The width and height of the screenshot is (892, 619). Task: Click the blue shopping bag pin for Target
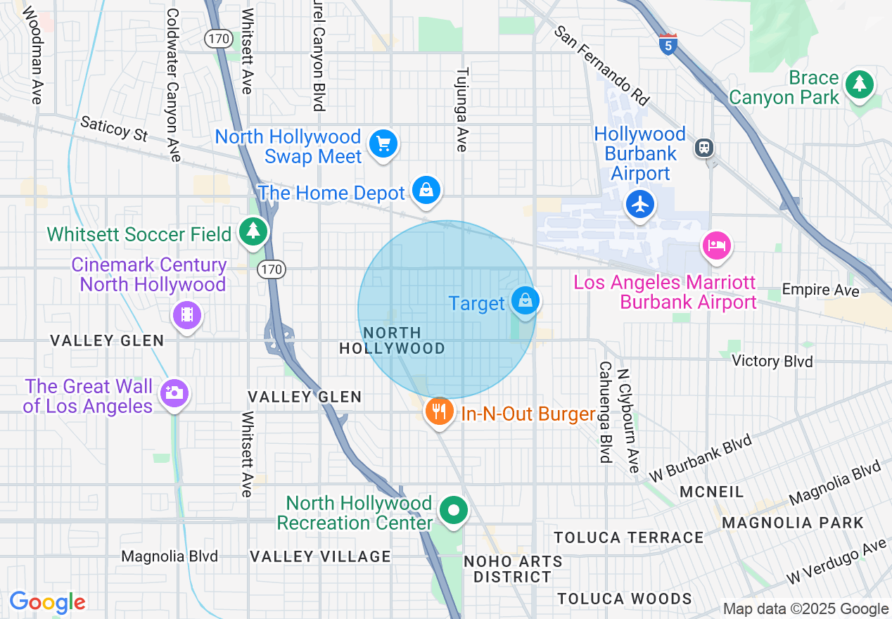525,300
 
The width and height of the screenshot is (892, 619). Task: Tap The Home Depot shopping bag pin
426,190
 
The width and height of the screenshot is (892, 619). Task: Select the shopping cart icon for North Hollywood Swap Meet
383,144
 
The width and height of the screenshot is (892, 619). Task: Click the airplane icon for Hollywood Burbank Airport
639,205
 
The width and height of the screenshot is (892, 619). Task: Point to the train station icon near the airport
703,148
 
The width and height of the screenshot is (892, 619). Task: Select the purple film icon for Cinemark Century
186,314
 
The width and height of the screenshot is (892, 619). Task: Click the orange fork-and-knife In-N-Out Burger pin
440,410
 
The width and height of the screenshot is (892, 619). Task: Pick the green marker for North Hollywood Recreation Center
454,511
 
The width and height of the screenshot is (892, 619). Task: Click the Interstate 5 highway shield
668,44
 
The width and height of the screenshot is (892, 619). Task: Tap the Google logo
47,602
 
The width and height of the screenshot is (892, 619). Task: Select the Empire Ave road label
820,291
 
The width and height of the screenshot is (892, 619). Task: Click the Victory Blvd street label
772,361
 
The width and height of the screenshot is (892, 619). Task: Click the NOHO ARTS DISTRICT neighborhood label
513,569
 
